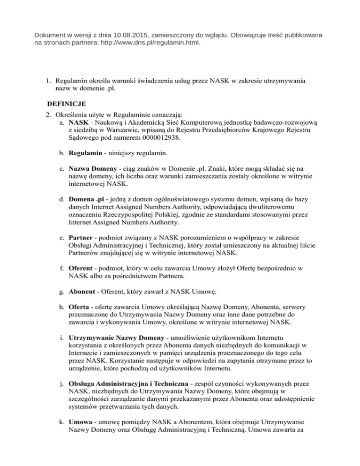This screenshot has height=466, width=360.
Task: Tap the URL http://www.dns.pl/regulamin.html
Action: [x=145, y=43]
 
